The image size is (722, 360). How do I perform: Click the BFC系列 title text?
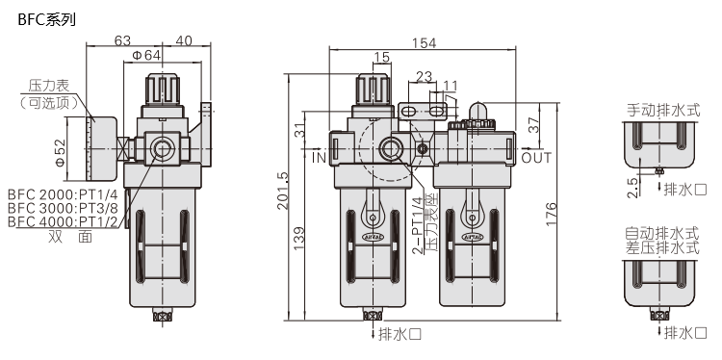[x=46, y=20]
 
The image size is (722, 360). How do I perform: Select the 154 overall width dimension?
[x=424, y=42]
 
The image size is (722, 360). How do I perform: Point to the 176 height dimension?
[x=551, y=214]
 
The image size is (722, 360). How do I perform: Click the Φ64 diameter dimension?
[x=146, y=55]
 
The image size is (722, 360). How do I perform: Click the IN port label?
[x=319, y=158]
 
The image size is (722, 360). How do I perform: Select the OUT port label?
[x=536, y=158]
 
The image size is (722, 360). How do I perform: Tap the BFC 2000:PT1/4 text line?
[x=63, y=193]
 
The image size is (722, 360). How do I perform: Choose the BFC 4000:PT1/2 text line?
[x=63, y=221]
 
